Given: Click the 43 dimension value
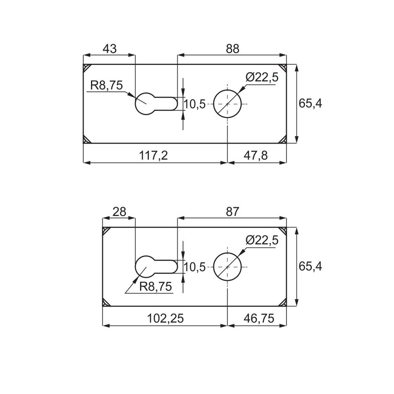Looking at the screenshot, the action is tap(110, 49).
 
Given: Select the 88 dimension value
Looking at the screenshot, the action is tap(232, 49).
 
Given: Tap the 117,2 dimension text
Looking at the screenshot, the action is tap(153, 155).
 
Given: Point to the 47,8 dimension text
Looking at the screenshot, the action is tap(255, 155).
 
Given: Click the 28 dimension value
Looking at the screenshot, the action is tap(120, 212).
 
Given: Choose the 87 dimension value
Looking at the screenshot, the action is tap(232, 212).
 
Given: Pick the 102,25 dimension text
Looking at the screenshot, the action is tap(165, 318).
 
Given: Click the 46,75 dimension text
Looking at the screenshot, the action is tap(259, 318).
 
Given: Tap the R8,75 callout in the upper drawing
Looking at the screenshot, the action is tap(106, 85).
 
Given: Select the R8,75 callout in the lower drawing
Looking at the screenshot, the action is tap(155, 286).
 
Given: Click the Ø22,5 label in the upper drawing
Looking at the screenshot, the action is tap(262, 77).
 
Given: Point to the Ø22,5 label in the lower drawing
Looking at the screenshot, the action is tap(262, 240).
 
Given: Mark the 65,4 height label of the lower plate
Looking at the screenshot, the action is tap(310, 266).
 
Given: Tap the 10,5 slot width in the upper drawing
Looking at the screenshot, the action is tap(195, 104).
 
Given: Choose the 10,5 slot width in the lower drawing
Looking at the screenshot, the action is tap(195, 267).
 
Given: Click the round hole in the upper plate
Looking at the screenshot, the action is tap(227, 104).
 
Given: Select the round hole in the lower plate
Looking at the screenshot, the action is tap(227, 267).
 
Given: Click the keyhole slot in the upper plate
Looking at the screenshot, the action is tap(156, 104).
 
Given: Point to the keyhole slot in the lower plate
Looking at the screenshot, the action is tap(156, 267).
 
